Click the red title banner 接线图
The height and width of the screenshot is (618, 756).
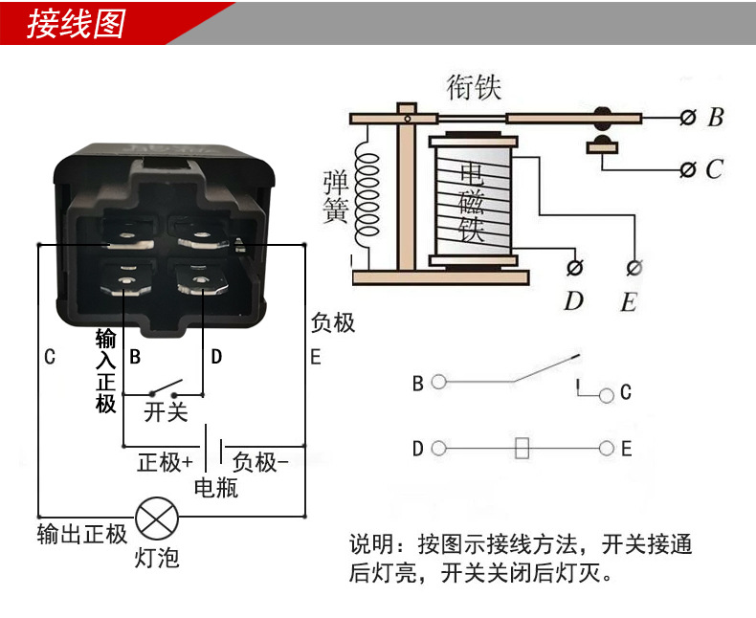[77, 24]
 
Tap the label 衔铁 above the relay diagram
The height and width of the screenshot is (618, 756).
[474, 88]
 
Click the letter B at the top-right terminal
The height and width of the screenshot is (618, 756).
[715, 119]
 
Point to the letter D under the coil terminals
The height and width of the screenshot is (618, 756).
[573, 301]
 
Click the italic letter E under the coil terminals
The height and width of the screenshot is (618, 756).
[628, 302]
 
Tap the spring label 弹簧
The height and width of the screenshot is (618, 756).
[335, 196]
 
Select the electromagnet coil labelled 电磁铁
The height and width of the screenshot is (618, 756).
[474, 202]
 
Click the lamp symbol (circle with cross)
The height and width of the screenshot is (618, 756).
[152, 519]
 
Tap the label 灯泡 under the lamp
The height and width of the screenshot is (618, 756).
[156, 557]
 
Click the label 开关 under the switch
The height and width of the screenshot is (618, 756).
[165, 412]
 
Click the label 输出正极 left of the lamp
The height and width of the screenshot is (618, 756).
[82, 534]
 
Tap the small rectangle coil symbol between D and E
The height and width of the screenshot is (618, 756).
[522, 448]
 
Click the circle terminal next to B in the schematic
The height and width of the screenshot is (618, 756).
[438, 383]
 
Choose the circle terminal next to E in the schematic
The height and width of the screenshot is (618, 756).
[607, 448]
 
